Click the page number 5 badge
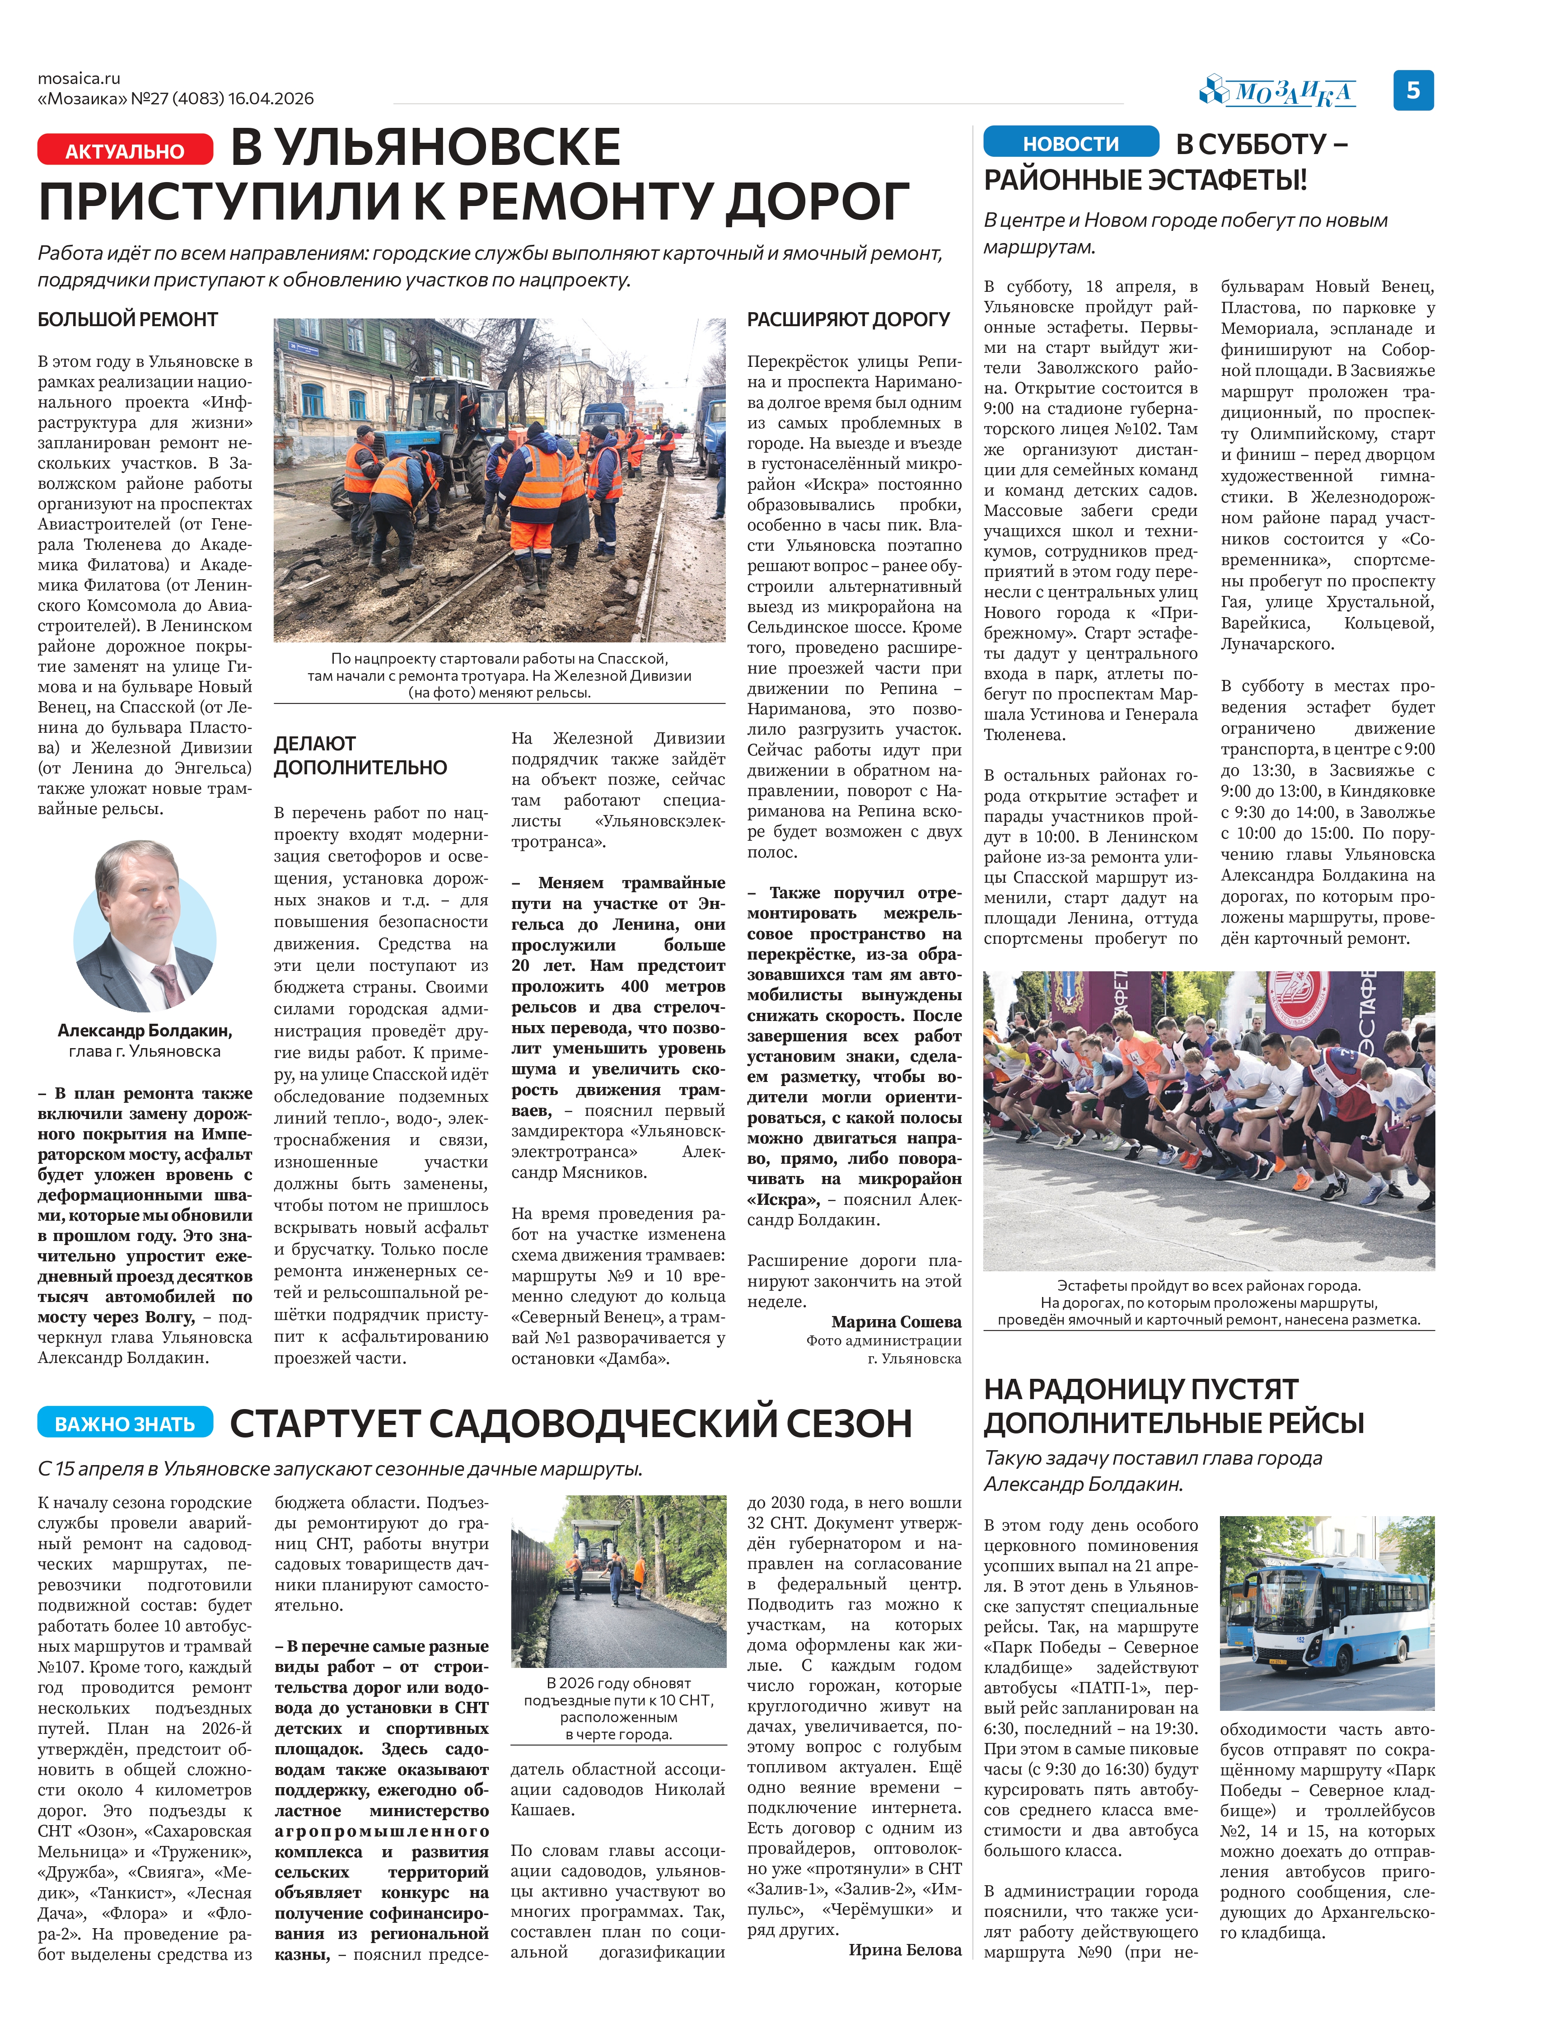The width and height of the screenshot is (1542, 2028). tap(1412, 90)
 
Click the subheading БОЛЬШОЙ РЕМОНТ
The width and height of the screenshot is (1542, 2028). tap(127, 319)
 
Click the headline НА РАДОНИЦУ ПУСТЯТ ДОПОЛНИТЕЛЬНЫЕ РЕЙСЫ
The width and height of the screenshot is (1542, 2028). tap(1173, 1405)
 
